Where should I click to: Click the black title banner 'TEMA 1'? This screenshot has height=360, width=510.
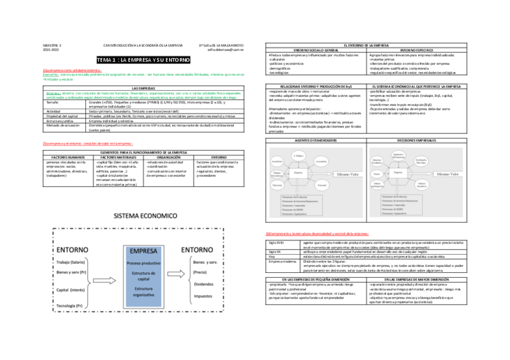coord(144,60)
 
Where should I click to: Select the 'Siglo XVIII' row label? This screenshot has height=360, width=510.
coord(274,242)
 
